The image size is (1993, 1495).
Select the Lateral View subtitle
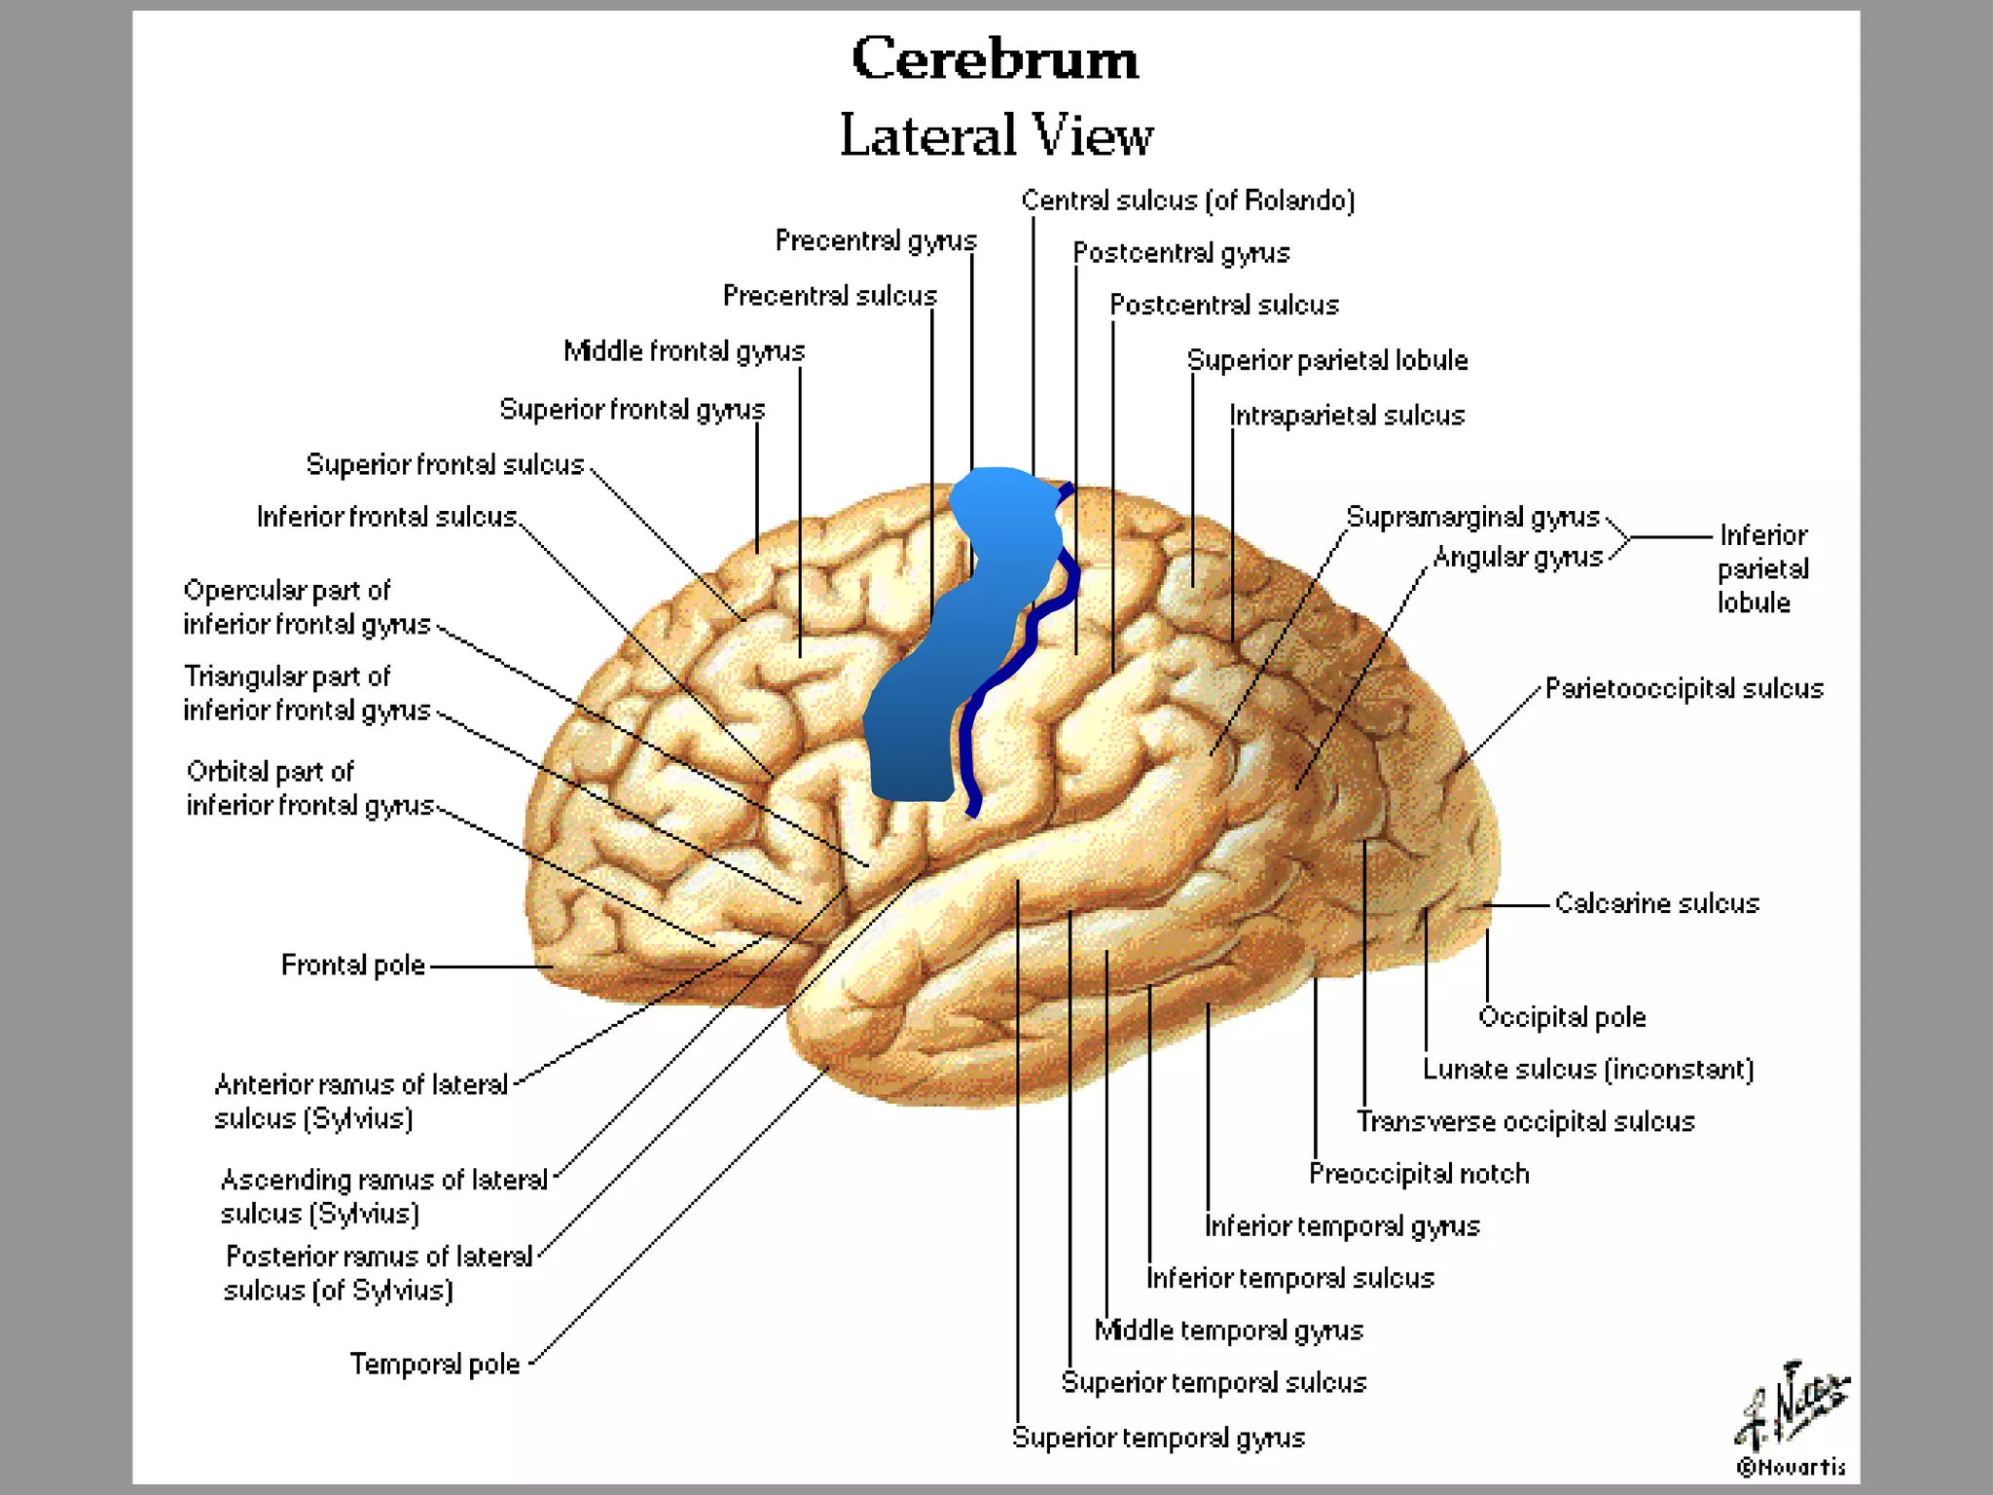coord(996,134)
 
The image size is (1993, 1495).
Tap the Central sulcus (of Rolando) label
coord(1187,201)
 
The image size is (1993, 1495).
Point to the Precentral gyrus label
coord(876,240)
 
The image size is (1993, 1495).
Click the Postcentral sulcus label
coord(1224,306)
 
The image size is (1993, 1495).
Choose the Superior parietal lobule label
coord(1327,360)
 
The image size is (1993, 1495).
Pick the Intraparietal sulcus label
coord(1347,416)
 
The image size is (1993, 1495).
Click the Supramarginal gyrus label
coord(1472,517)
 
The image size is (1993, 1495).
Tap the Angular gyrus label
coord(1517,557)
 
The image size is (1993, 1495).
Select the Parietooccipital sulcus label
coord(1684,689)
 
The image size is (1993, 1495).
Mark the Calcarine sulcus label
coord(1656,903)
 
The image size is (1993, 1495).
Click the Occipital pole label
coord(1562,1017)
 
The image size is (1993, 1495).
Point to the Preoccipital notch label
coord(1419,1174)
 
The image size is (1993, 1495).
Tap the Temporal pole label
coord(435,1365)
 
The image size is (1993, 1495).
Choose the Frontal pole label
coord(353,966)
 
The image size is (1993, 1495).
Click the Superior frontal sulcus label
coord(445,465)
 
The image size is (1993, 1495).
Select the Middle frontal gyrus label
coord(684,351)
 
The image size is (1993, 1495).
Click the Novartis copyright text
coord(1791,1467)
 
